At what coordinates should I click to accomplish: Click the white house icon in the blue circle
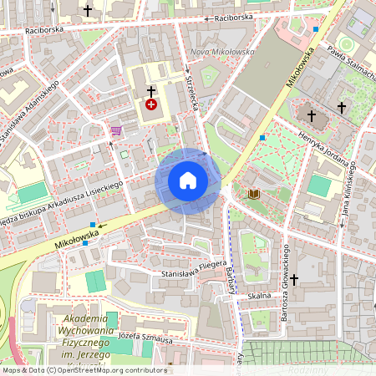point(188,180)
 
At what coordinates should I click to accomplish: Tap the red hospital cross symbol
point(151,104)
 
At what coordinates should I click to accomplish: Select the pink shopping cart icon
point(115,130)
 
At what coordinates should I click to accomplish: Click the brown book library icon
point(254,194)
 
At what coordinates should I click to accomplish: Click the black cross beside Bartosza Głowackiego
point(294,279)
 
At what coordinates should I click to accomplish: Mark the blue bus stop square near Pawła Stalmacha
point(316,29)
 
